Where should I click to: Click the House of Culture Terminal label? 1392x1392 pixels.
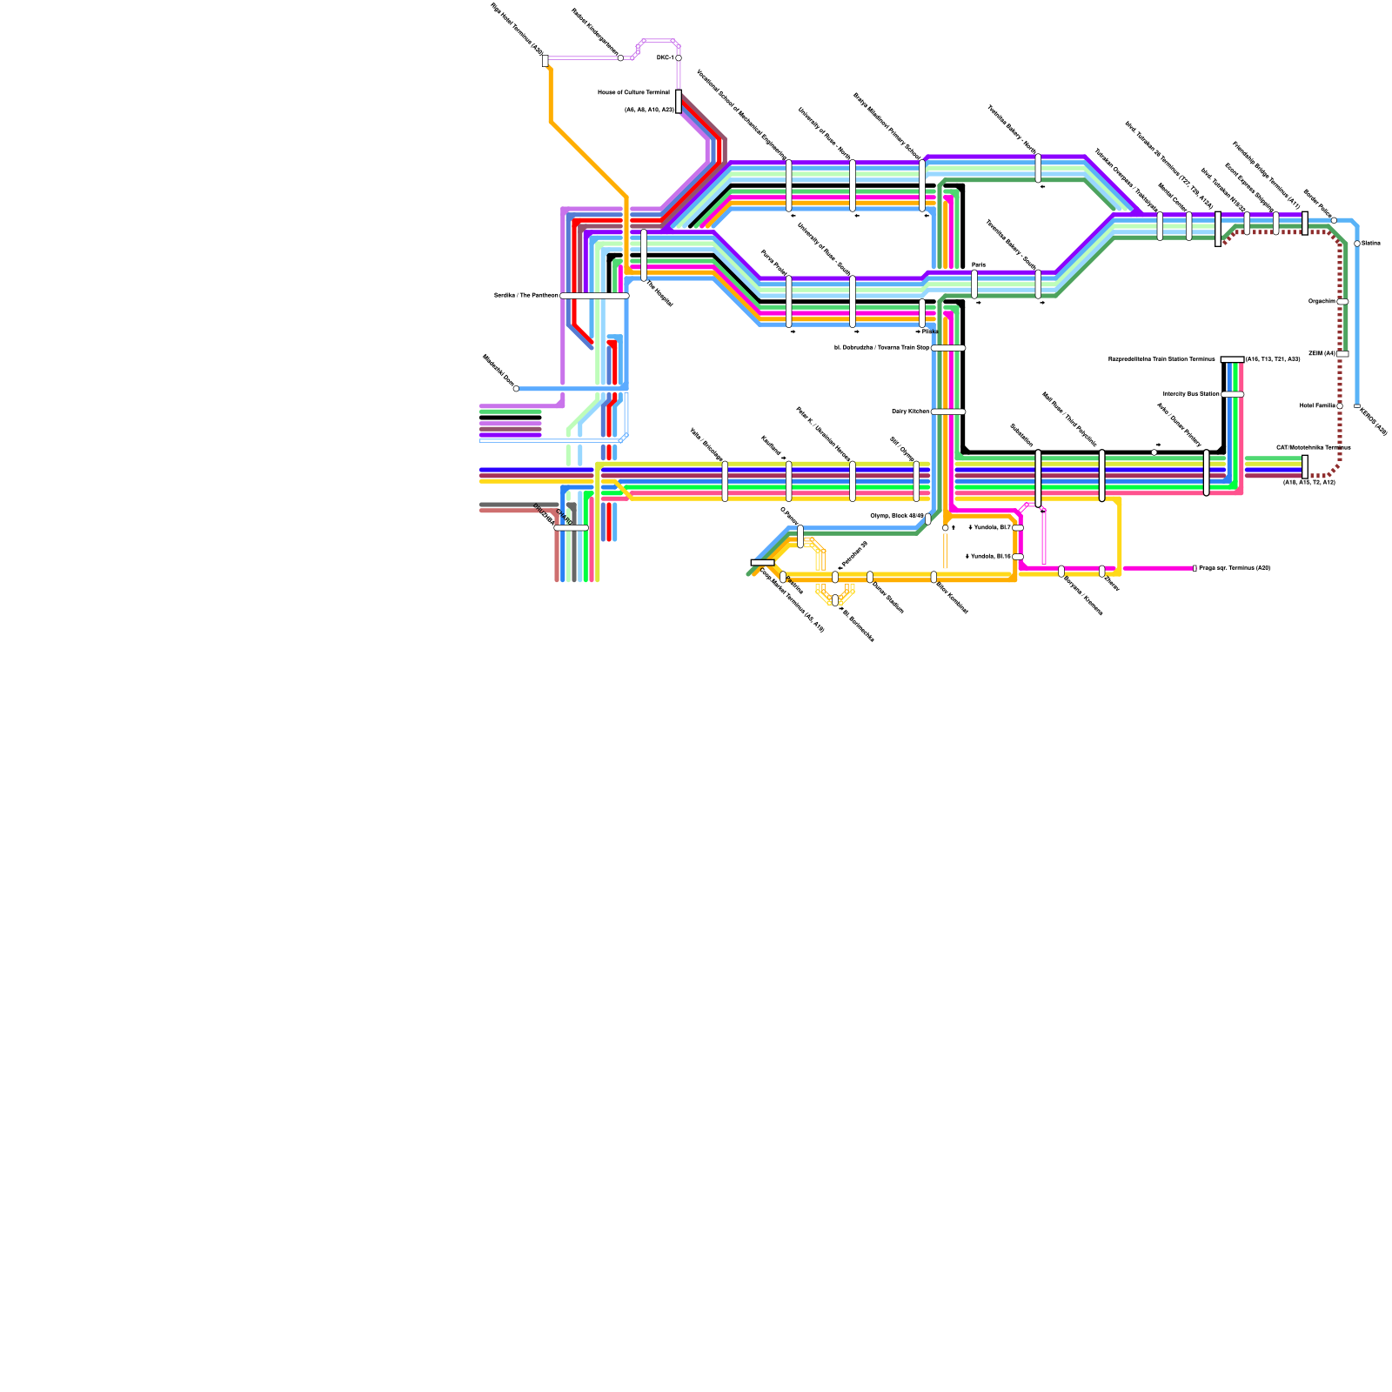pyautogui.click(x=633, y=92)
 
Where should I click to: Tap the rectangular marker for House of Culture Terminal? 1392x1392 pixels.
pyautogui.click(x=679, y=101)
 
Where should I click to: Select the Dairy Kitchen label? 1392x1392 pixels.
pyautogui.click(x=910, y=412)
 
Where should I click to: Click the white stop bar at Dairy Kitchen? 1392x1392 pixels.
pyautogui.click(x=947, y=412)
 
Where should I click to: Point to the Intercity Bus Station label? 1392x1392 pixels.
pyautogui.click(x=1191, y=394)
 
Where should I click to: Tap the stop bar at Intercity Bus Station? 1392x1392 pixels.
pyautogui.click(x=1232, y=394)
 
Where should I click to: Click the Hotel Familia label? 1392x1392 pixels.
pyautogui.click(x=1317, y=405)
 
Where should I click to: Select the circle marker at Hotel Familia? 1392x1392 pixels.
pyautogui.click(x=1340, y=405)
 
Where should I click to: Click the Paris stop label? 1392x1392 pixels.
pyautogui.click(x=979, y=264)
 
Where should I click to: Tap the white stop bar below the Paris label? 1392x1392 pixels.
pyautogui.click(x=974, y=284)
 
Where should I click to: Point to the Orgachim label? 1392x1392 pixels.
pyautogui.click(x=1322, y=301)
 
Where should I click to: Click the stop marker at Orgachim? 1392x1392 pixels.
pyautogui.click(x=1342, y=302)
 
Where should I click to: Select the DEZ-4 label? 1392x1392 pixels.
pyautogui.click(x=665, y=57)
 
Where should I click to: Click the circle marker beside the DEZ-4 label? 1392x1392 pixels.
pyautogui.click(x=679, y=58)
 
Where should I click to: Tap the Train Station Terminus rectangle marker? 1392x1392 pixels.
pyautogui.click(x=1232, y=359)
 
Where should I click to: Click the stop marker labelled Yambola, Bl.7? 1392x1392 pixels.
pyautogui.click(x=1018, y=527)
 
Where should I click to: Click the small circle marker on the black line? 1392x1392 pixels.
pyautogui.click(x=1154, y=452)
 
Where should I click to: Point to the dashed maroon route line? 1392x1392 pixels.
pyautogui.click(x=1340, y=383)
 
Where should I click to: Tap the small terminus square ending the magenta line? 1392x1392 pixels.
pyautogui.click(x=1195, y=568)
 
